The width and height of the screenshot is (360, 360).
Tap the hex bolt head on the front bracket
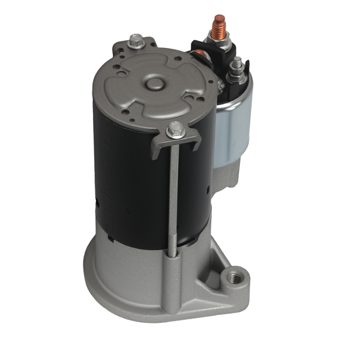tap(175, 128)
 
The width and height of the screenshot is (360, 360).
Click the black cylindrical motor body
tap(126, 180)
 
